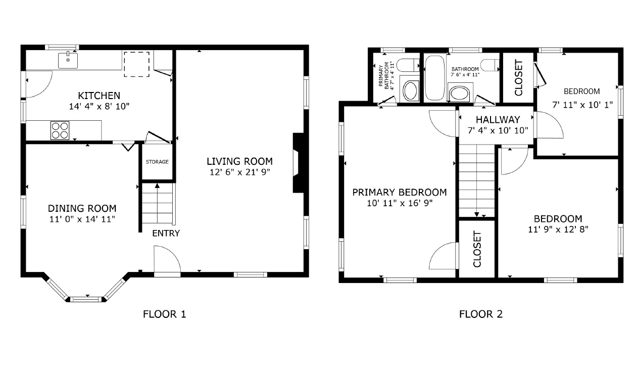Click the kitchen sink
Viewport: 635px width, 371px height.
coord(68,61)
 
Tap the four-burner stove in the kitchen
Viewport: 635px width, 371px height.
coord(60,130)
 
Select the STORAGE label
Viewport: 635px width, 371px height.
coord(157,162)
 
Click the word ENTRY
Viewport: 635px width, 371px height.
coord(166,233)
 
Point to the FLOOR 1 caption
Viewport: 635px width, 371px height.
coord(164,314)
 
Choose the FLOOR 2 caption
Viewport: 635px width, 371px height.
coord(481,314)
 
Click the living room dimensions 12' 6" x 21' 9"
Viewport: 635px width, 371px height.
coord(239,172)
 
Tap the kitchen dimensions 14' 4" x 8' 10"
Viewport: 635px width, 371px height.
coord(99,106)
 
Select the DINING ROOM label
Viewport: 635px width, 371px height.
coord(82,208)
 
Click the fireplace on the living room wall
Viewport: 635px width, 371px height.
coord(299,163)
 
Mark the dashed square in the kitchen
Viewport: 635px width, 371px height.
coord(136,64)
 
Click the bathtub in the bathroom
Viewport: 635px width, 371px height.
coord(435,78)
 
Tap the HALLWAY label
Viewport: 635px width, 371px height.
coord(498,120)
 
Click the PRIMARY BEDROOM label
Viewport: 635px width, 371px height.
coord(400,192)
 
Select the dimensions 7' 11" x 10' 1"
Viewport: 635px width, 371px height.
coord(582,105)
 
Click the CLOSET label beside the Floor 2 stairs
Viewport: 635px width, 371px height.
coord(477,249)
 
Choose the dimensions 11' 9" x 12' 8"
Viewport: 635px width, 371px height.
coord(558,229)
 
